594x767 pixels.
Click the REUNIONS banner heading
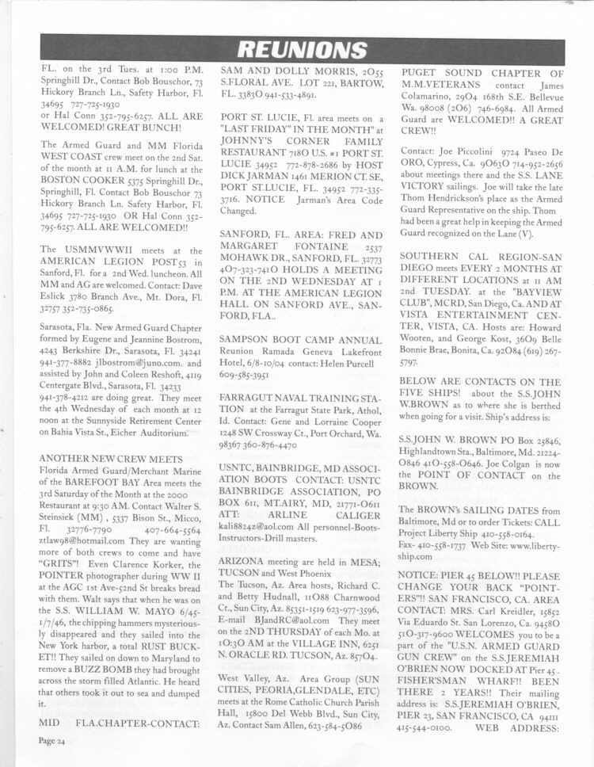(297, 49)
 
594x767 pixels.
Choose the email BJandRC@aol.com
(273, 598)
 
